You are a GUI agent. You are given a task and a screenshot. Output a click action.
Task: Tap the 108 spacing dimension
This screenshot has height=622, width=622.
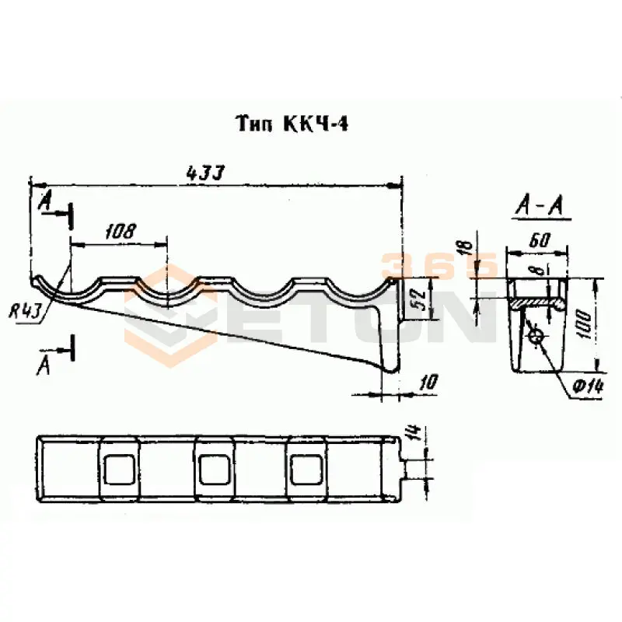point(119,231)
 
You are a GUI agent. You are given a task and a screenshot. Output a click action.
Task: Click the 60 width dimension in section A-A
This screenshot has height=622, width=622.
point(536,241)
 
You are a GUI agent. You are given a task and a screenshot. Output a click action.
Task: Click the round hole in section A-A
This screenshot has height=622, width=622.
point(536,336)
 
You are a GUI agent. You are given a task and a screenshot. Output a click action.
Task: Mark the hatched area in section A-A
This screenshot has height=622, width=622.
point(536,299)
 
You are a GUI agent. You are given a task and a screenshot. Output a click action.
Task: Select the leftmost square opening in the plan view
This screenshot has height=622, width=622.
point(119,469)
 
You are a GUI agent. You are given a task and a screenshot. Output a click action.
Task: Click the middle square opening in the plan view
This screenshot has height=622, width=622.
point(214,469)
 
